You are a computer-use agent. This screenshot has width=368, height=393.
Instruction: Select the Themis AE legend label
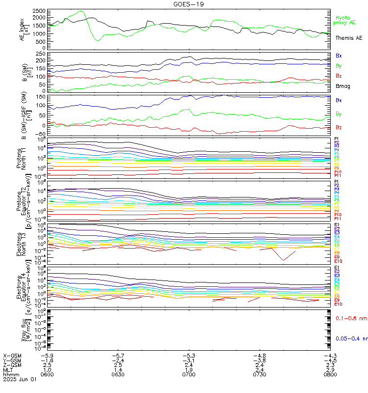click(348, 38)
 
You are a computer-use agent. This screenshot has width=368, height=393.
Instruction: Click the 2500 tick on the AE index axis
click(39, 11)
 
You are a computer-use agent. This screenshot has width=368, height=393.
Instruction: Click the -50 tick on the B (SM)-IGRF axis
click(41, 134)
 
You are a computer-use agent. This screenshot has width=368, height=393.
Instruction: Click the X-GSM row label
click(12, 355)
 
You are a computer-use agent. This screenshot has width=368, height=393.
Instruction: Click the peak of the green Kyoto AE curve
click(81, 11)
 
